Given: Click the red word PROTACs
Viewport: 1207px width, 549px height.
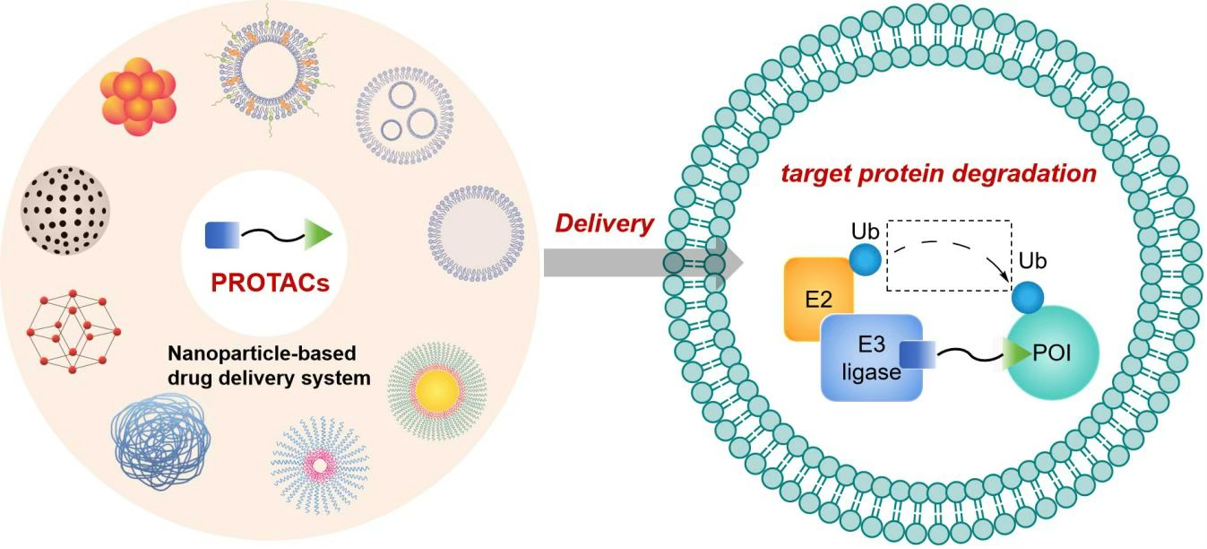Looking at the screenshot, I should click(270, 283).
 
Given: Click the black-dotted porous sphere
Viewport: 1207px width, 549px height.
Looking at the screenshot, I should click(65, 209).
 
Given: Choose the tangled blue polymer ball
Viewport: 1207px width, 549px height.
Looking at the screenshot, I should click(161, 439).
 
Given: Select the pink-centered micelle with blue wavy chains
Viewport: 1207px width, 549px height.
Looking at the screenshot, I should click(320, 464).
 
